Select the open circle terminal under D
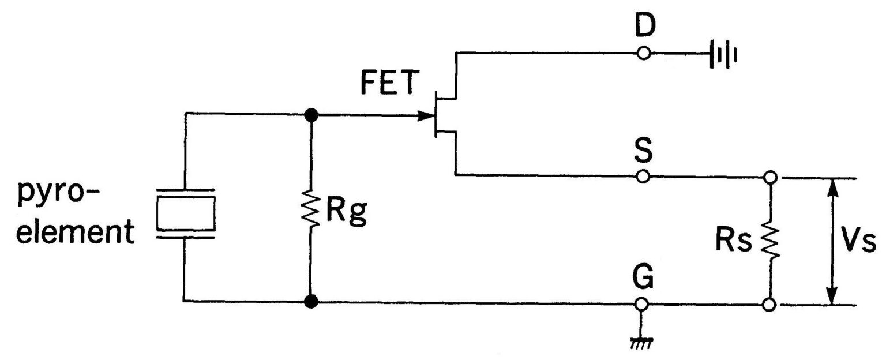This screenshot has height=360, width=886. [x=644, y=54]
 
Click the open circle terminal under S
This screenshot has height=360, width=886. [x=644, y=176]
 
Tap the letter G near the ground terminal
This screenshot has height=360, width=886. [x=644, y=279]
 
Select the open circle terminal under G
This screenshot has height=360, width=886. [x=644, y=304]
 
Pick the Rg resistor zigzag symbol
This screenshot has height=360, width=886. [x=311, y=211]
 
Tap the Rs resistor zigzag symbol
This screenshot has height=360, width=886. [x=769, y=240]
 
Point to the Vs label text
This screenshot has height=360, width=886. [x=859, y=243]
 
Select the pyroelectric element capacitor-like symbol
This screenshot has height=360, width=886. [x=186, y=213]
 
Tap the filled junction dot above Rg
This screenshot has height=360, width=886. [x=311, y=115]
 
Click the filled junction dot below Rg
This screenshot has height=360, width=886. [x=311, y=301]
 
